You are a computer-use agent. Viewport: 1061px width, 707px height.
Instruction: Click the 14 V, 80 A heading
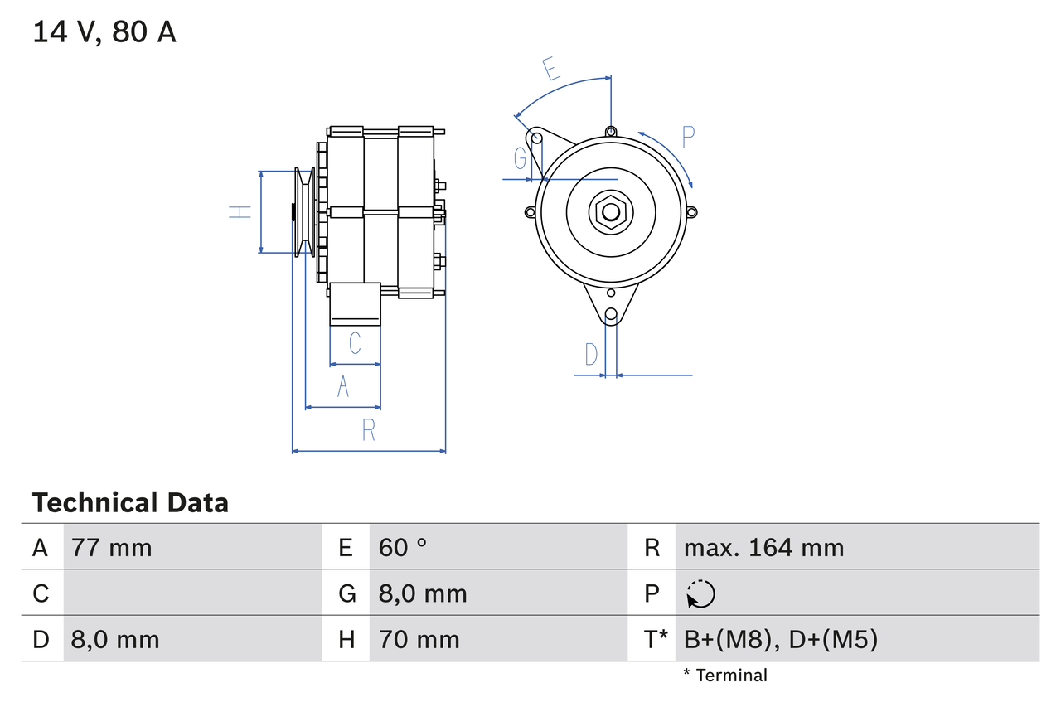click(104, 32)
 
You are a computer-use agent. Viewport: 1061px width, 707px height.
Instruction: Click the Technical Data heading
click(130, 503)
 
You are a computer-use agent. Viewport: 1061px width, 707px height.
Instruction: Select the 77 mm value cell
click(112, 547)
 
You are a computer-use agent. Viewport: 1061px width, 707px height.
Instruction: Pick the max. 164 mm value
click(763, 547)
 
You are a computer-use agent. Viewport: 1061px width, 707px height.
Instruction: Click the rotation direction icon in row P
click(700, 593)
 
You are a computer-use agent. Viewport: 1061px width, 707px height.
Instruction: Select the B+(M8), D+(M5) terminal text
click(780, 639)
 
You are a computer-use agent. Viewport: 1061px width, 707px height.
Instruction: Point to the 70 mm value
click(419, 639)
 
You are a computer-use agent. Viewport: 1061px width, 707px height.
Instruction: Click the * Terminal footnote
click(724, 676)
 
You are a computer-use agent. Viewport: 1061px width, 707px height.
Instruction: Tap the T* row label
click(656, 639)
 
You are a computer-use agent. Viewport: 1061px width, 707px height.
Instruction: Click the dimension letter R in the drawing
click(369, 430)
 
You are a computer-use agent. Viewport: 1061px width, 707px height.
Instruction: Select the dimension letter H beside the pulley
click(240, 212)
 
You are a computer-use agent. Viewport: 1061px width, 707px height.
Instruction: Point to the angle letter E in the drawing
click(550, 69)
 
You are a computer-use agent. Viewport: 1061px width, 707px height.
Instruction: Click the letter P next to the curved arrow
click(688, 137)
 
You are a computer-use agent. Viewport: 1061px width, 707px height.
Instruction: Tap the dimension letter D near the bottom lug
click(591, 355)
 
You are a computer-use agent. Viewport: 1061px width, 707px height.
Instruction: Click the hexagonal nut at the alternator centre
click(610, 211)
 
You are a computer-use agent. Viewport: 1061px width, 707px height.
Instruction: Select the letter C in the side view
click(355, 343)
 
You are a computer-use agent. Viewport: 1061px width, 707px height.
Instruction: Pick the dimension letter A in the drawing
click(343, 386)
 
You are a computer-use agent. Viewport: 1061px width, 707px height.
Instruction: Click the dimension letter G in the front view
click(521, 157)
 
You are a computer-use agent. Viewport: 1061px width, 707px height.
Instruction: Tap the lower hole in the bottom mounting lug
click(611, 314)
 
